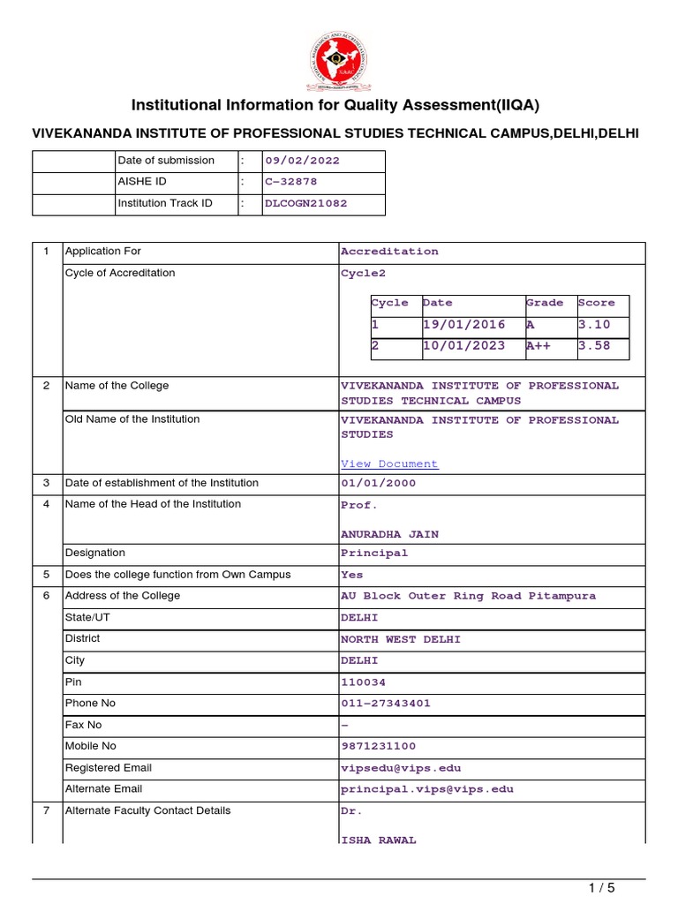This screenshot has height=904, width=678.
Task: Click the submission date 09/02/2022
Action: (302, 161)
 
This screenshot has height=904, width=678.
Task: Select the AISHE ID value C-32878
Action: (290, 182)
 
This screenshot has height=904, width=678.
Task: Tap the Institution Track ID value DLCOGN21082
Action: (305, 203)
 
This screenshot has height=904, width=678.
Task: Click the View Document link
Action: (389, 463)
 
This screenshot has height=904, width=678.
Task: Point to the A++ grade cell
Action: (539, 346)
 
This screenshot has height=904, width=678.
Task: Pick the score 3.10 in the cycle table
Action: (594, 325)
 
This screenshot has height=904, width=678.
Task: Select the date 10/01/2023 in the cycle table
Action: (464, 346)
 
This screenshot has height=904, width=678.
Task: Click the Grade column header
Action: (545, 303)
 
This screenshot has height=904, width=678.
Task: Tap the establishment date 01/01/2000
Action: (378, 484)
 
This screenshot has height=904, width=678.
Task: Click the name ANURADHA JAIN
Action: (389, 534)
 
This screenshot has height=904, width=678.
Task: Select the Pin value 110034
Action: (363, 682)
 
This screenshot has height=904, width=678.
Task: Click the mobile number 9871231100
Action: (378, 747)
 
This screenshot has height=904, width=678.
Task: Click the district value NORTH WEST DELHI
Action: (401, 639)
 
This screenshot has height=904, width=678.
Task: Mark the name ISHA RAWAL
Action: (379, 840)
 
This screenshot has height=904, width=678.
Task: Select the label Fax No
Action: (84, 725)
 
